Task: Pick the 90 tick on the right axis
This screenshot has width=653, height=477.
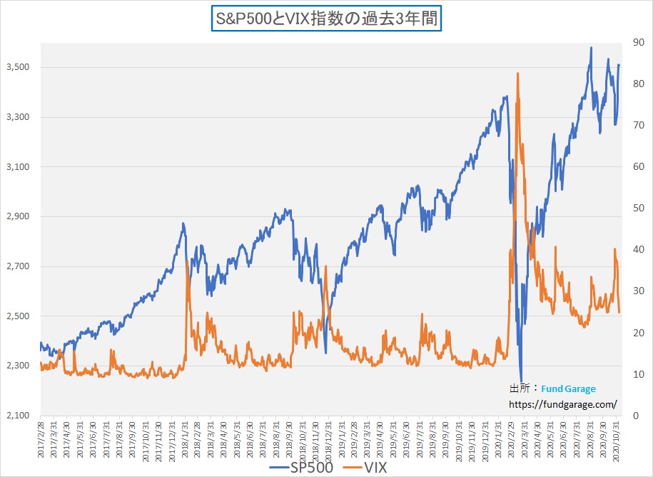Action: (x=632, y=42)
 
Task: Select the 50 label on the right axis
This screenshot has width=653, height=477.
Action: (x=632, y=208)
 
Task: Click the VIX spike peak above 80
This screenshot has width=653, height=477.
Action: (x=517, y=74)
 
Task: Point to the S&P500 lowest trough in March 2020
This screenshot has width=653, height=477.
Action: (x=522, y=383)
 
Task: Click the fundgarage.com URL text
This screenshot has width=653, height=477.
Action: (x=562, y=404)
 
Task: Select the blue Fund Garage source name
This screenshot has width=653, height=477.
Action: (x=568, y=388)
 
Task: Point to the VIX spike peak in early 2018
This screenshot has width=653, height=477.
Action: (x=187, y=262)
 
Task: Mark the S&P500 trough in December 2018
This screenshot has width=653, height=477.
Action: (x=325, y=352)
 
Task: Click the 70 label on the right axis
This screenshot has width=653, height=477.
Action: (x=632, y=125)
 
